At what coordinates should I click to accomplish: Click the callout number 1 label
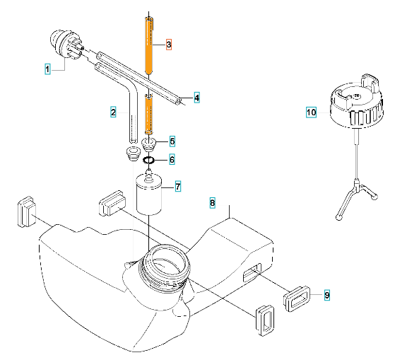coord(47,69)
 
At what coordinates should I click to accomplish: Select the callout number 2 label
coord(113,112)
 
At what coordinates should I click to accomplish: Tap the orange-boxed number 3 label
coord(169,45)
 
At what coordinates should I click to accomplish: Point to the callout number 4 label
coord(196,98)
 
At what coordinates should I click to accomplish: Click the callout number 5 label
coord(172,141)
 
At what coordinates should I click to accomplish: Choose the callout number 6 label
coord(172,160)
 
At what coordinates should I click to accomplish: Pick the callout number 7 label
coord(178,187)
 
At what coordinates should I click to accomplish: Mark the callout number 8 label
coord(213,203)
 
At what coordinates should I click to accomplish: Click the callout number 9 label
coord(327,295)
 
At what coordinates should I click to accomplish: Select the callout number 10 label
coord(312,112)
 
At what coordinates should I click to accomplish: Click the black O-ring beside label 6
coord(148,160)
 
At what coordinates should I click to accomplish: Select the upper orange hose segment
coord(149,45)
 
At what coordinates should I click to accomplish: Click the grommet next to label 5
coord(148,145)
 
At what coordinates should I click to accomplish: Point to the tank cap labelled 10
coord(357,101)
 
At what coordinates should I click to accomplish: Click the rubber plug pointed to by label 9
coord(297,298)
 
